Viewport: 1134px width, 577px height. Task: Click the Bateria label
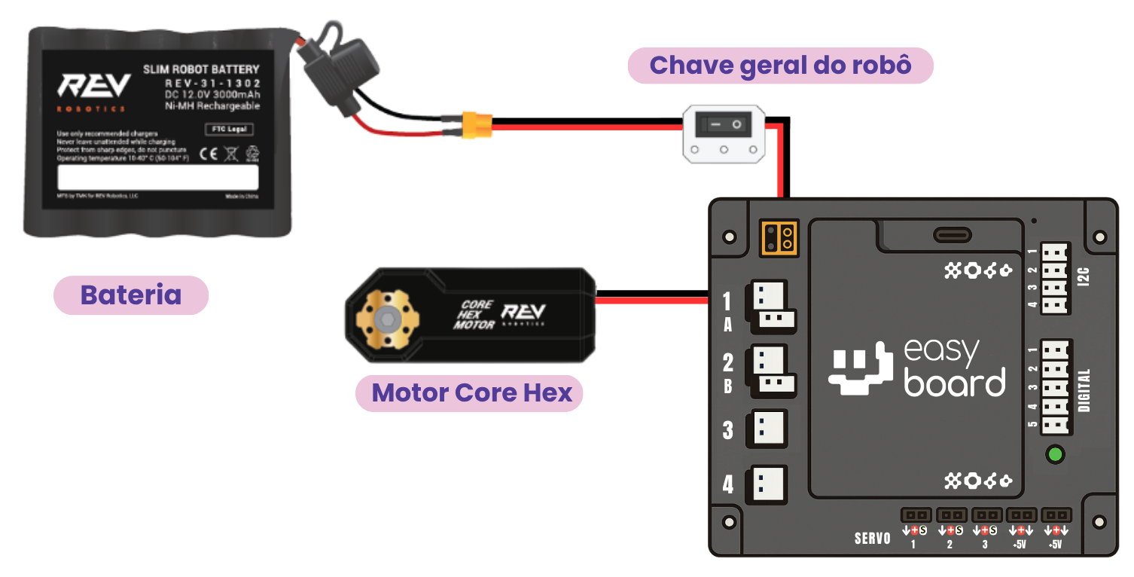point(130,295)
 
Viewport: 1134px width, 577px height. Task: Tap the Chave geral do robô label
point(780,66)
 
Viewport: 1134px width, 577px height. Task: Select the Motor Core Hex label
point(471,392)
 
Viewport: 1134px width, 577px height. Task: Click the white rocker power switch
point(724,133)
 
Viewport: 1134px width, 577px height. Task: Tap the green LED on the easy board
point(1055,454)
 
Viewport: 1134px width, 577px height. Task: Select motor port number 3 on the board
point(766,429)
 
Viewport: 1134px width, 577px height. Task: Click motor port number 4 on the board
point(766,484)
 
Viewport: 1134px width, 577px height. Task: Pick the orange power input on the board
point(779,237)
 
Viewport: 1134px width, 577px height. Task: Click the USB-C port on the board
point(952,234)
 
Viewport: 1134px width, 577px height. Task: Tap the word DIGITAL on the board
point(1084,389)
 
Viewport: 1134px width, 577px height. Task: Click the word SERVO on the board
point(872,539)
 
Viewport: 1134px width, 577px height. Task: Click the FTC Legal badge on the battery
point(229,130)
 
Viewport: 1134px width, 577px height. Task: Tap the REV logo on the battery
point(94,87)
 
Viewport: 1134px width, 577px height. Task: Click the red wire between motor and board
point(651,301)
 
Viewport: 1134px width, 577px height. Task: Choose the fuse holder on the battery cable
point(336,74)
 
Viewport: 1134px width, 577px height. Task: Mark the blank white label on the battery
point(158,177)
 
